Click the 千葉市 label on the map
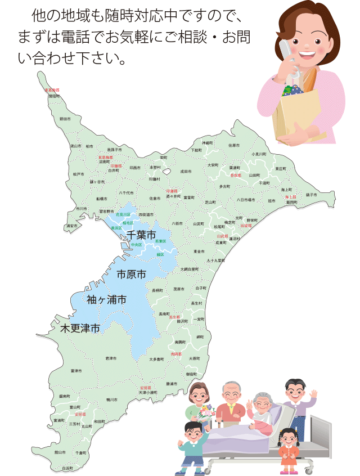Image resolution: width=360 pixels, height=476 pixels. [141, 235]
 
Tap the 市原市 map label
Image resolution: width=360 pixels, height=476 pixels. [131, 275]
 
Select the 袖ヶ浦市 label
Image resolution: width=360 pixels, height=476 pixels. [106, 300]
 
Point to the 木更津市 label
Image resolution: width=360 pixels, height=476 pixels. [80, 328]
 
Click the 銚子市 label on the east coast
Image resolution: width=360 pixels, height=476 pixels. [311, 195]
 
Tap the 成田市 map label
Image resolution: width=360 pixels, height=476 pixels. [186, 171]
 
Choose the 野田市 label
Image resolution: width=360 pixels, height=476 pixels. [65, 119]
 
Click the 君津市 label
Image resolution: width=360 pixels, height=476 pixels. [111, 358]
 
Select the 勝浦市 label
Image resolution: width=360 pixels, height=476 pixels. [172, 384]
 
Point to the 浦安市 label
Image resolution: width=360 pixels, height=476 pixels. [71, 226]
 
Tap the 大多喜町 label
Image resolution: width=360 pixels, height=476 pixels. [157, 358]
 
